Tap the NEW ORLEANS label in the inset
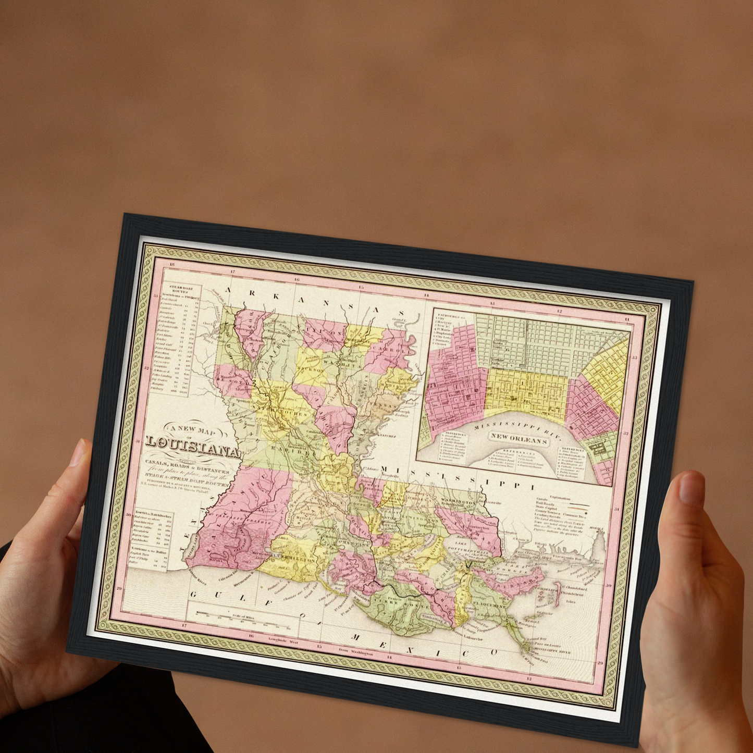pos(520,439)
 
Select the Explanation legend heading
pos(560,499)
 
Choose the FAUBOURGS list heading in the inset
pos(445,316)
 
